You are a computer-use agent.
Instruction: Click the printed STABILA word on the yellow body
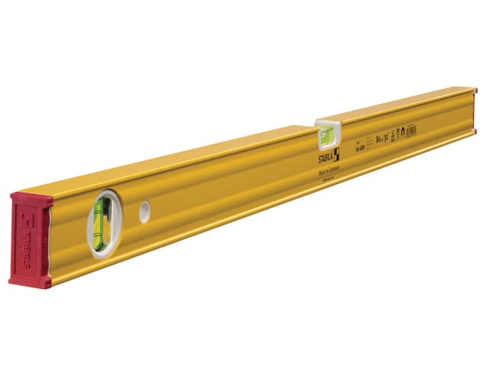(328, 159)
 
